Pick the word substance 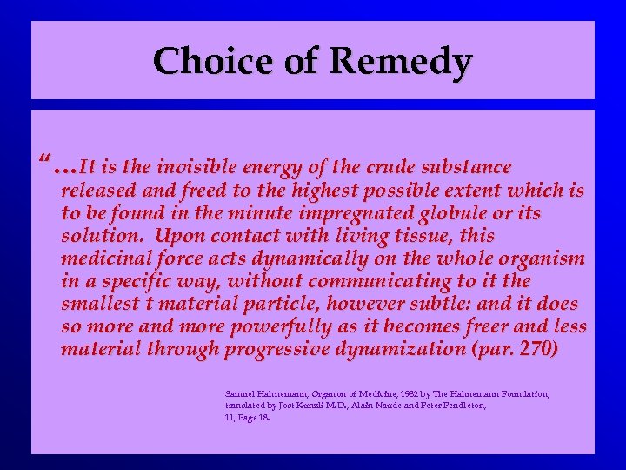469,166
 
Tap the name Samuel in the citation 241,394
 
